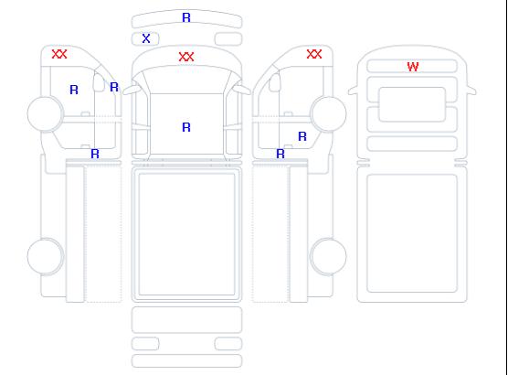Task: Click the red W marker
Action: (413, 67)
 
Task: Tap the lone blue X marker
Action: (146, 38)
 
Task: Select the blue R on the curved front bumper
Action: (186, 17)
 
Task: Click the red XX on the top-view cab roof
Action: (186, 57)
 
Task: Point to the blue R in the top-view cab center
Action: (186, 127)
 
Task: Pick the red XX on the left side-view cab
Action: (59, 54)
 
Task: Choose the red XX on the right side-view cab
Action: (314, 54)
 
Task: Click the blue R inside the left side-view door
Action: (74, 90)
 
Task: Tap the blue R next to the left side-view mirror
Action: (114, 87)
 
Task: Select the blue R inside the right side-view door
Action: (302, 136)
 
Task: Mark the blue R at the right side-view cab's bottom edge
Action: (280, 154)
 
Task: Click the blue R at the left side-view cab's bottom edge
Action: (95, 154)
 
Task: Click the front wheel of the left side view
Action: (46, 113)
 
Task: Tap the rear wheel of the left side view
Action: (46, 256)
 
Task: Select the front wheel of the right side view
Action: (329, 113)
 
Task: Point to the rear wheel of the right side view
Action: (329, 256)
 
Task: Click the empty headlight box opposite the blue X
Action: (228, 39)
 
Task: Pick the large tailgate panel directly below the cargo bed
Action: (187, 320)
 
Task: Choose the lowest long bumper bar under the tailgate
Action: (187, 361)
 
